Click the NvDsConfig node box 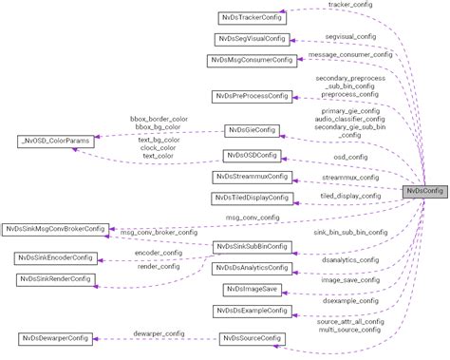[x=424, y=191]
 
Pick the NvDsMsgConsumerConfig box [x=250, y=61]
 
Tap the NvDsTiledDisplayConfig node [x=250, y=199]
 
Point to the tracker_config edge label [x=350, y=5]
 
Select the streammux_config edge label [x=350, y=177]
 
